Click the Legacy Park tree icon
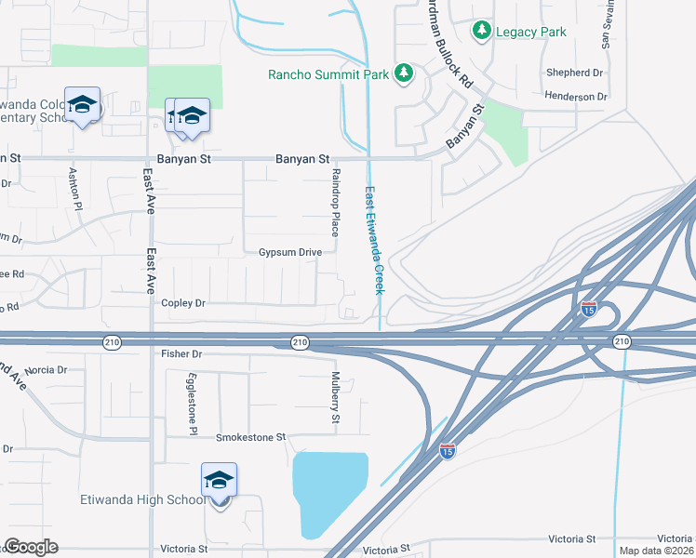(481, 32)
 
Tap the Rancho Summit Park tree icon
(404, 73)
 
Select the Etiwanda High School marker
(220, 483)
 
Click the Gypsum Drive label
(289, 252)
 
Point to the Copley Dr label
(182, 303)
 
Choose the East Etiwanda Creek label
(374, 241)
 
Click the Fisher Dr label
(181, 354)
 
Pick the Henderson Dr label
(576, 96)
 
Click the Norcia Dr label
(46, 370)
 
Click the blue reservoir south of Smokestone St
(328, 488)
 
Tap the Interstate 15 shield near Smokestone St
(448, 450)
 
